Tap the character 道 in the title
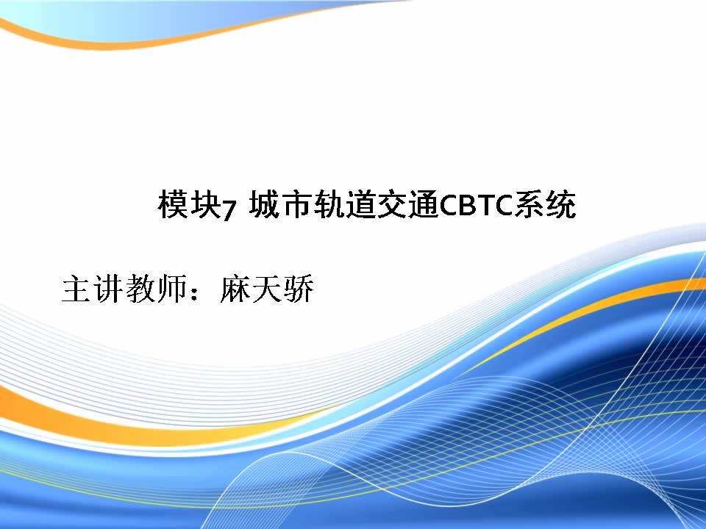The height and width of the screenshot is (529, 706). [x=360, y=204]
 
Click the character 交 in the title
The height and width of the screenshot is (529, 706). [x=392, y=204]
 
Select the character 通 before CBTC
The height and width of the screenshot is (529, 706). [x=424, y=204]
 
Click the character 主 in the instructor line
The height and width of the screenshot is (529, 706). [x=76, y=288]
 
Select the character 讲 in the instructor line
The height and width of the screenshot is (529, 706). [x=107, y=288]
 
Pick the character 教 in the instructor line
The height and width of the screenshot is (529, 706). [x=140, y=288]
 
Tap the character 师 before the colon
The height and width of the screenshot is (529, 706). [x=171, y=288]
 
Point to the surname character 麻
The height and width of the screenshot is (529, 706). [x=235, y=288]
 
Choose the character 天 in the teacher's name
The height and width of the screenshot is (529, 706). [x=266, y=288]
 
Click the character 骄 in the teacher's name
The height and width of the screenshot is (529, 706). [x=298, y=288]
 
